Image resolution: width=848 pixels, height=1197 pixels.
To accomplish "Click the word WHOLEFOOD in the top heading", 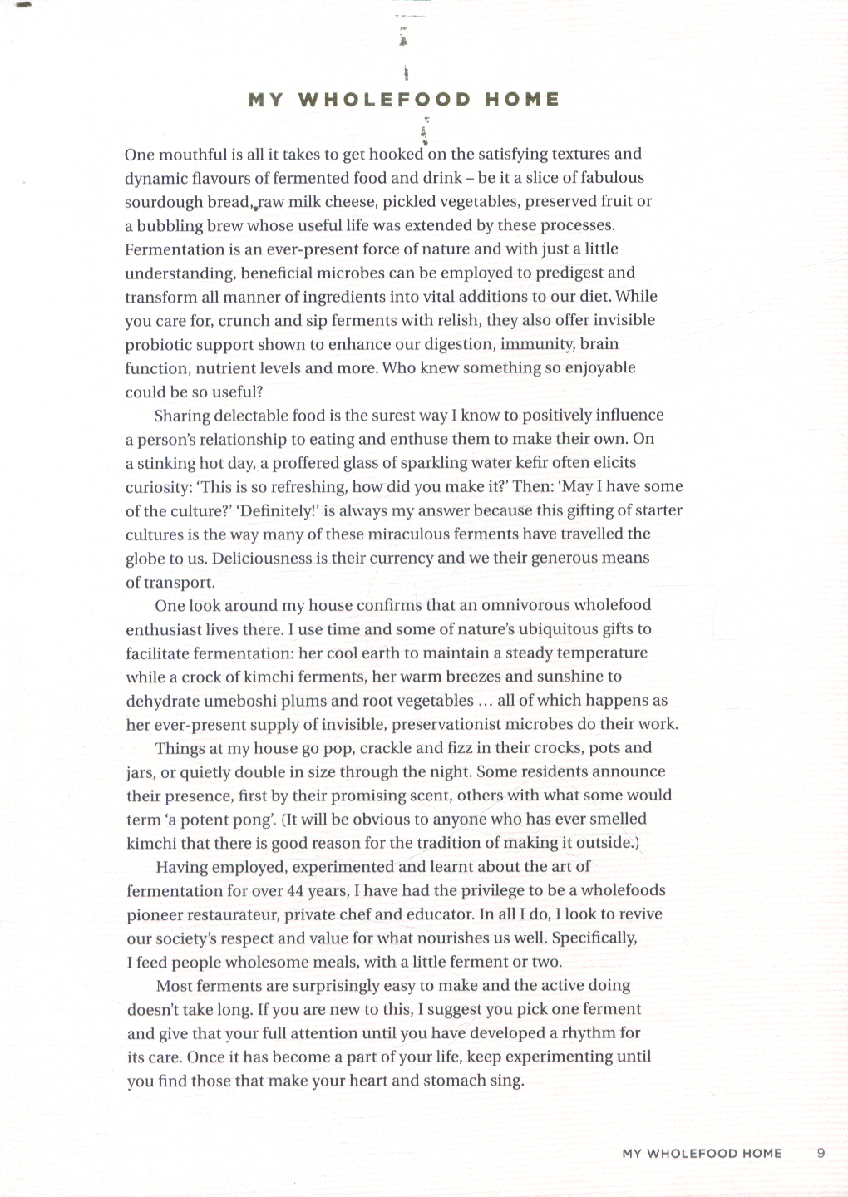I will [384, 100].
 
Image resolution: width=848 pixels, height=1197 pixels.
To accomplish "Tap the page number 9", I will [821, 1153].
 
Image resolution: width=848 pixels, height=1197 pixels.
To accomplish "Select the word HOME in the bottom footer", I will [757, 1153].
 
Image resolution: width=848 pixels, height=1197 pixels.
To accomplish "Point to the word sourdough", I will [163, 202].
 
